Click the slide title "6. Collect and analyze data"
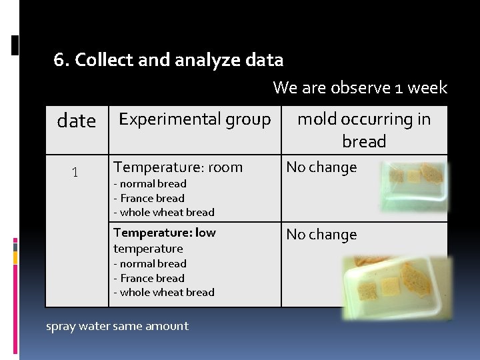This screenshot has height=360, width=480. pyautogui.click(x=169, y=60)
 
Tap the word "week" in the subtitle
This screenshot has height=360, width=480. pyautogui.click(x=427, y=88)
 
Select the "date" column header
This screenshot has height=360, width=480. pyautogui.click(x=77, y=121)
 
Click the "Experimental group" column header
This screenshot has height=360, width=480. pyautogui.click(x=195, y=119)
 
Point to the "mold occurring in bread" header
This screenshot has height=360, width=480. pyautogui.click(x=364, y=130)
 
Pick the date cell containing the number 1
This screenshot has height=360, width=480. pyautogui.click(x=75, y=172)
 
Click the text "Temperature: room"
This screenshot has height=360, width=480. pyautogui.click(x=178, y=167)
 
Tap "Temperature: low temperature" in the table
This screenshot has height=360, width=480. pyautogui.click(x=164, y=240)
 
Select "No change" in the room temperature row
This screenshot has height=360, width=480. pyautogui.click(x=321, y=167)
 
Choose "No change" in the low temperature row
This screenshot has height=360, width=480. pyautogui.click(x=321, y=235)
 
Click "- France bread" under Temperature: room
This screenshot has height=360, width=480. pyautogui.click(x=149, y=198)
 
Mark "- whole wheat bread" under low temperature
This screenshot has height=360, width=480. pyautogui.click(x=163, y=292)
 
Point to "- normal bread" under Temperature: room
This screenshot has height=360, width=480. pyautogui.click(x=149, y=183)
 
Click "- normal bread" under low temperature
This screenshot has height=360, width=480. pyautogui.click(x=149, y=263)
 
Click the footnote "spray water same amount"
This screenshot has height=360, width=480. pyautogui.click(x=117, y=326)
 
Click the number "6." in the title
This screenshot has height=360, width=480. pyautogui.click(x=61, y=60)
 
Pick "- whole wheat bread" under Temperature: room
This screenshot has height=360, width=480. pyautogui.click(x=163, y=212)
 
